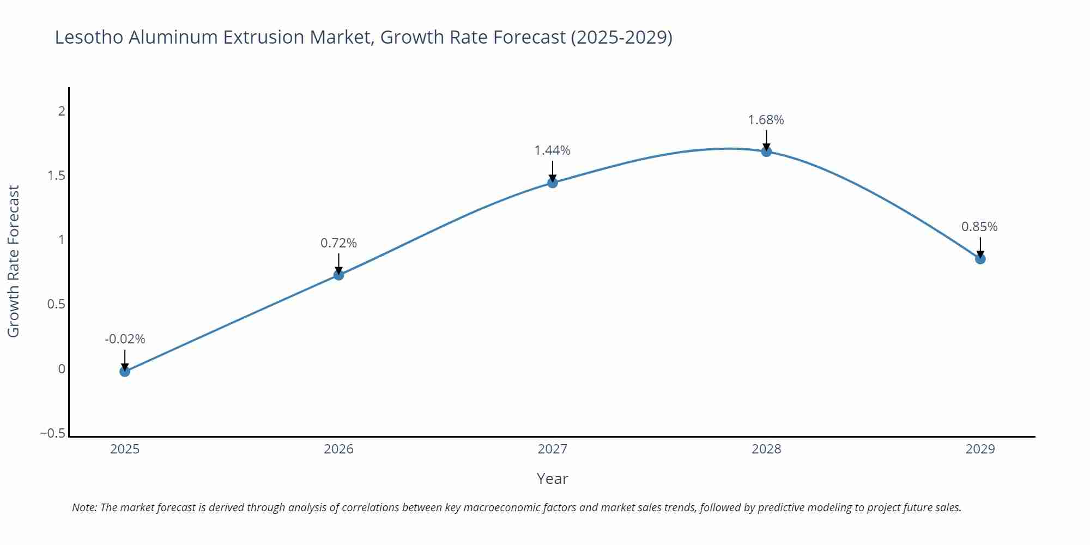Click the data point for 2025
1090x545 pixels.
[125, 372]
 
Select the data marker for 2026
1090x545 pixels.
[338, 275]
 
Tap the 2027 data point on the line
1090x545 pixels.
[553, 183]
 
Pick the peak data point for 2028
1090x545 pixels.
[766, 152]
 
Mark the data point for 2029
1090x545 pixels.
[980, 259]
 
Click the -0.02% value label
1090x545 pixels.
[125, 339]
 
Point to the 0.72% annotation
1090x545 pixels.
[338, 243]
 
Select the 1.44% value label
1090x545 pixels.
[552, 150]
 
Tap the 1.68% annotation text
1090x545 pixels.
[766, 120]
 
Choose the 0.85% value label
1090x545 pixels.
[979, 227]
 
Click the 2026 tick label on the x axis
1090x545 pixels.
[338, 449]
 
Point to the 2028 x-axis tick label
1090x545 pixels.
[766, 449]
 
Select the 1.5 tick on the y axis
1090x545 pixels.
[56, 175]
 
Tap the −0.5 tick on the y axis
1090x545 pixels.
[53, 433]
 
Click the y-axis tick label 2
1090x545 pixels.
[62, 111]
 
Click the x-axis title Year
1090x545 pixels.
[552, 479]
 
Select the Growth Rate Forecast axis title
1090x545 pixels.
[13, 261]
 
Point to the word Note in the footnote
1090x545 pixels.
[84, 507]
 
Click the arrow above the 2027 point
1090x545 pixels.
[553, 171]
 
